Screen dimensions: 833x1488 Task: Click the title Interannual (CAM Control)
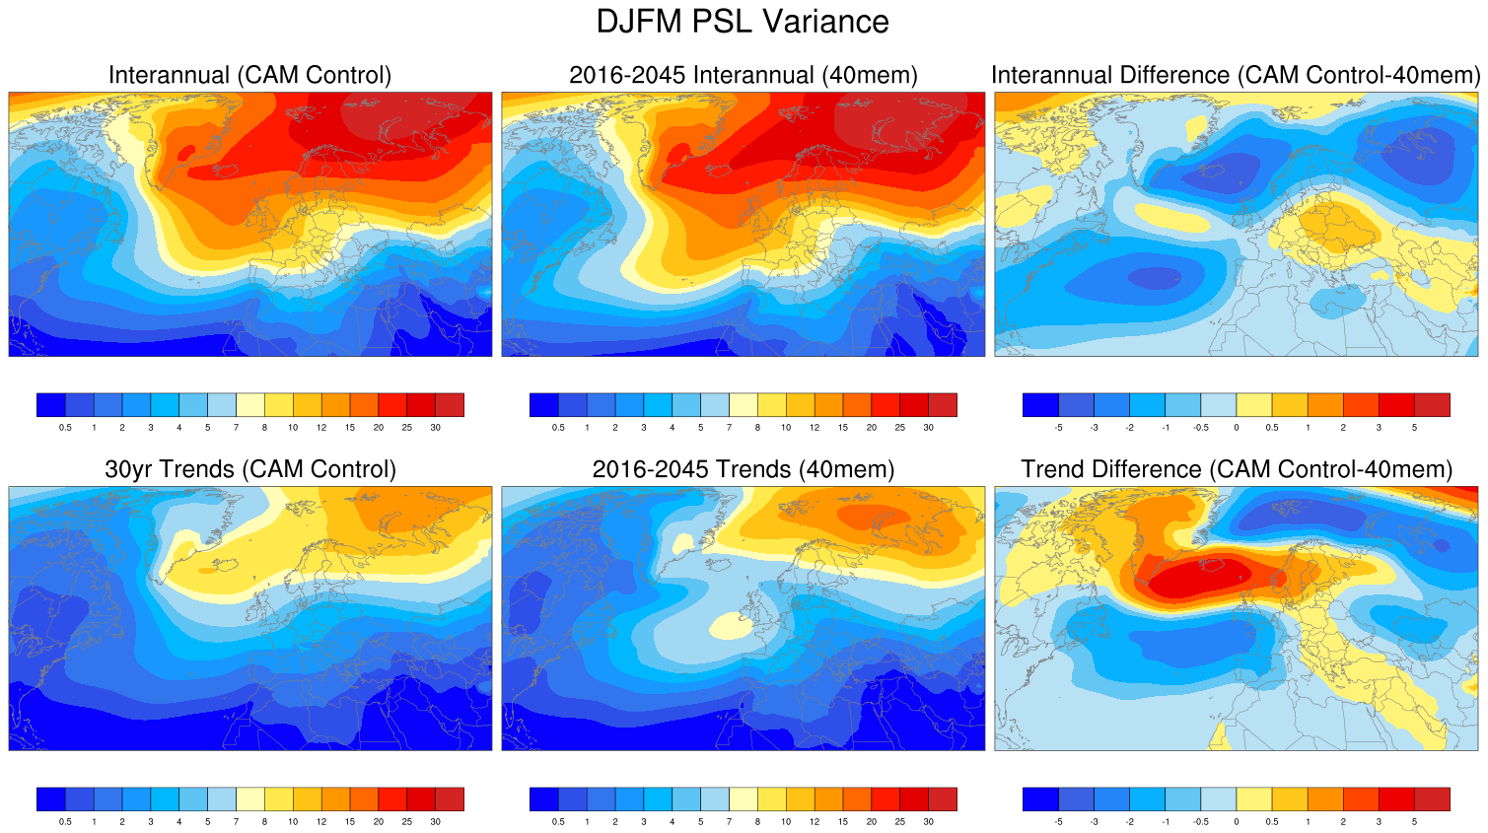(x=249, y=75)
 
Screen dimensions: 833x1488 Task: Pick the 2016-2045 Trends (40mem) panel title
(x=743, y=469)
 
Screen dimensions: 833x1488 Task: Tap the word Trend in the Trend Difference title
(x=1054, y=469)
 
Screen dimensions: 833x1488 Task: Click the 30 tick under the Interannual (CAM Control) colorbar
(x=435, y=428)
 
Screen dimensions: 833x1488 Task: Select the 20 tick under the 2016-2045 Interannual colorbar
(x=872, y=428)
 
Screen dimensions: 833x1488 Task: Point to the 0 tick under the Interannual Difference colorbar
(x=1237, y=428)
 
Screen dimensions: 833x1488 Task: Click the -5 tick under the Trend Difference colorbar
(x=1059, y=821)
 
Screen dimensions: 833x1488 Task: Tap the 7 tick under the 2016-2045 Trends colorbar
(x=729, y=821)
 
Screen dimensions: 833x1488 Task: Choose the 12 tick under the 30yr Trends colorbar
(x=321, y=821)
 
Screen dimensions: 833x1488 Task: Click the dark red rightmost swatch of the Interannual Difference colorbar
(x=1432, y=404)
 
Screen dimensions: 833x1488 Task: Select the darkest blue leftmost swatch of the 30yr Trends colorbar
(x=51, y=798)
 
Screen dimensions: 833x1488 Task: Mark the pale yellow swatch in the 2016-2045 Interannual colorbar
(x=743, y=404)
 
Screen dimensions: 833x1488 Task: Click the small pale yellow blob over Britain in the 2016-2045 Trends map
(x=731, y=625)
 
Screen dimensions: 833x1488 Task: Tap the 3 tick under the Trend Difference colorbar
(x=1379, y=821)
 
